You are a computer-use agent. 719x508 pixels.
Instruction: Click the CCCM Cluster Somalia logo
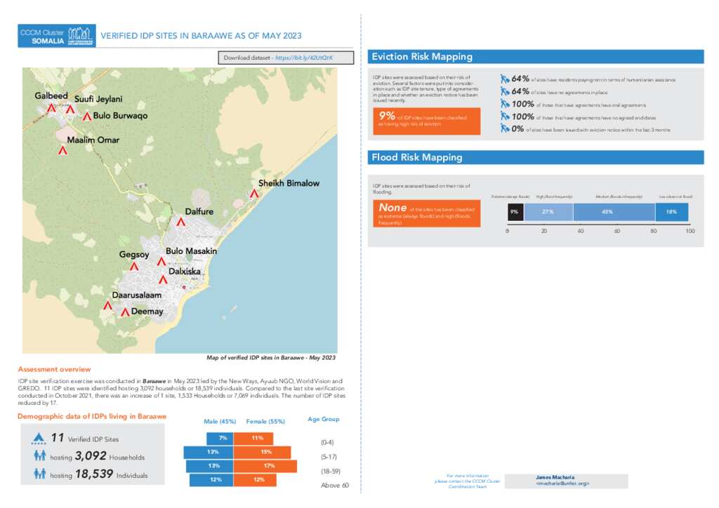[x=57, y=36]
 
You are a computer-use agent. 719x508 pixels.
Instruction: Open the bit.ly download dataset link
[x=304, y=58]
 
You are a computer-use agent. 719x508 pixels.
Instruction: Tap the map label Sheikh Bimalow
[x=289, y=183]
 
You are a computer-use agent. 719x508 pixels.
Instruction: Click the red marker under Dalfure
[x=180, y=222]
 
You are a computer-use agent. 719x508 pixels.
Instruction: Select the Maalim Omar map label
[x=93, y=140]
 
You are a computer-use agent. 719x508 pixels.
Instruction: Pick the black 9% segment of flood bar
[x=515, y=212]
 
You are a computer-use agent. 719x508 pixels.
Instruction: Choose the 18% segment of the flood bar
[x=671, y=212]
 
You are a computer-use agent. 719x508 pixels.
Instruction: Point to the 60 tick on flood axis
[x=617, y=231]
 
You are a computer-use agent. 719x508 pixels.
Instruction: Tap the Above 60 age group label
[x=334, y=486]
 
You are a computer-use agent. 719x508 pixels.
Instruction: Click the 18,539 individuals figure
[x=94, y=474]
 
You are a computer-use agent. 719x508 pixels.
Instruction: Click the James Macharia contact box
[x=577, y=480]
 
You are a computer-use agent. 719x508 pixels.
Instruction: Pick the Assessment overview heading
[x=54, y=369]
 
